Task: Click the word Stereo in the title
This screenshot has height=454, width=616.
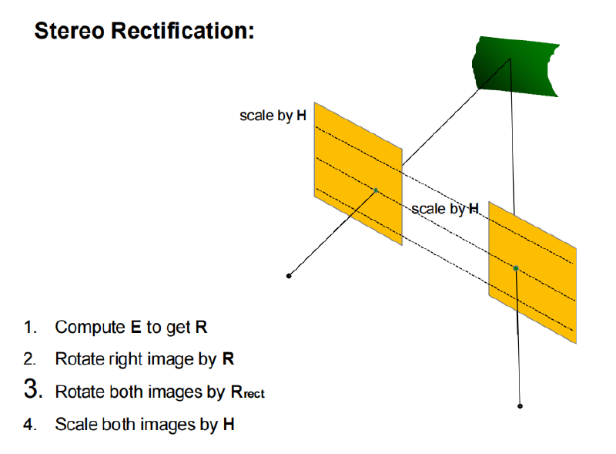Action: point(69,31)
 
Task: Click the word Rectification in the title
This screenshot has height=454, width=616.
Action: point(182,31)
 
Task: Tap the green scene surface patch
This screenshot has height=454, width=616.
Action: point(515,66)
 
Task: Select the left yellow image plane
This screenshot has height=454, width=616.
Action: point(358,173)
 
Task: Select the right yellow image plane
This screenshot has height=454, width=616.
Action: point(532,272)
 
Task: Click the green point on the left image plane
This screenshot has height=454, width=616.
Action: point(376,190)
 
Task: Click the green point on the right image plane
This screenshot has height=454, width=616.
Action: point(516,268)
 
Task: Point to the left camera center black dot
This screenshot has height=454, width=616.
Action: point(289,276)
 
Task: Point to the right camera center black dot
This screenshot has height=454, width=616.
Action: point(521,406)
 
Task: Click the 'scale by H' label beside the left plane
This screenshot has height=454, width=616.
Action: point(273,116)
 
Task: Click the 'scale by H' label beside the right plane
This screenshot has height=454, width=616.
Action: point(445,209)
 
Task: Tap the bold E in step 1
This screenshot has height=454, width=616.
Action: point(136,328)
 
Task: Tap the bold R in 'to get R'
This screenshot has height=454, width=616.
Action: point(201,328)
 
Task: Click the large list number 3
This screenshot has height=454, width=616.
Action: point(33,388)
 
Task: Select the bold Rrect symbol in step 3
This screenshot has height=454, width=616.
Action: point(247,392)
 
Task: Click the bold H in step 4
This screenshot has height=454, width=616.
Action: point(229,425)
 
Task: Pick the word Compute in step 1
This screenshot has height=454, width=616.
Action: point(90,328)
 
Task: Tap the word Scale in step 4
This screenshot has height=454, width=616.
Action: point(75,425)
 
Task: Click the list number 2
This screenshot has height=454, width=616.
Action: point(29,359)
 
